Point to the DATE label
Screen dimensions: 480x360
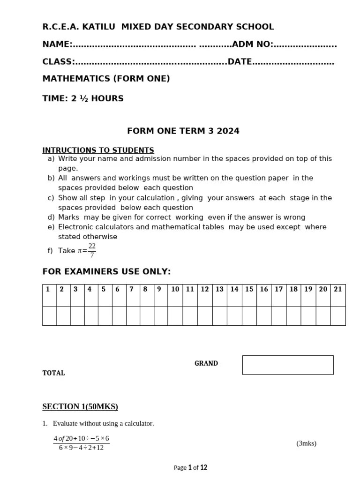[240, 62]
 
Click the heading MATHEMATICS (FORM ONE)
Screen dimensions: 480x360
[106, 79]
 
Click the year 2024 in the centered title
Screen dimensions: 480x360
[228, 131]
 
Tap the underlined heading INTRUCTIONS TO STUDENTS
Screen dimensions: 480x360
[98, 150]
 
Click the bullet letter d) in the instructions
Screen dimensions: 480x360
[51, 217]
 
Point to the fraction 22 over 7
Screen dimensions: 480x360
[92, 250]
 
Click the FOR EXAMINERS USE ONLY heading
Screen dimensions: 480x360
[106, 272]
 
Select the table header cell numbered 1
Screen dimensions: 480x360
[48, 289]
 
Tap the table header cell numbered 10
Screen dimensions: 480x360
[175, 289]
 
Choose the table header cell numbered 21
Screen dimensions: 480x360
[337, 289]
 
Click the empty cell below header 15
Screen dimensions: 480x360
[249, 315]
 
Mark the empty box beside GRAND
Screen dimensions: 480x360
[287, 365]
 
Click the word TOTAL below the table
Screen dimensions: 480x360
[54, 373]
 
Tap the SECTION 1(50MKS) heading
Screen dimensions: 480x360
[80, 406]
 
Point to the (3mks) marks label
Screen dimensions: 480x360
[306, 443]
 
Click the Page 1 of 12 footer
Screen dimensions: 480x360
[190, 467]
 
